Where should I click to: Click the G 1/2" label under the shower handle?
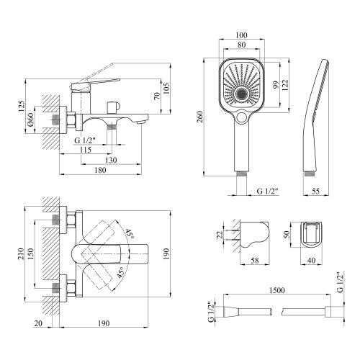269,192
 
